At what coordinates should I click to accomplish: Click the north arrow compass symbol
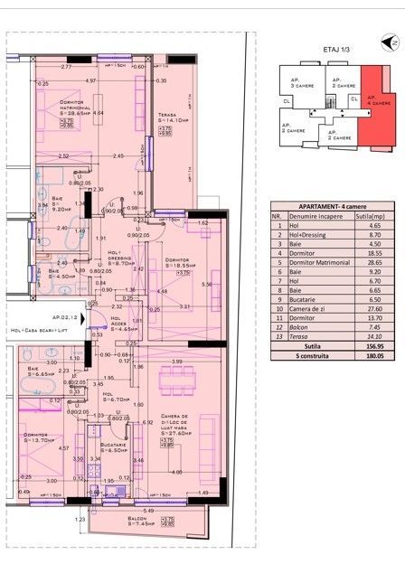[392, 42]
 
